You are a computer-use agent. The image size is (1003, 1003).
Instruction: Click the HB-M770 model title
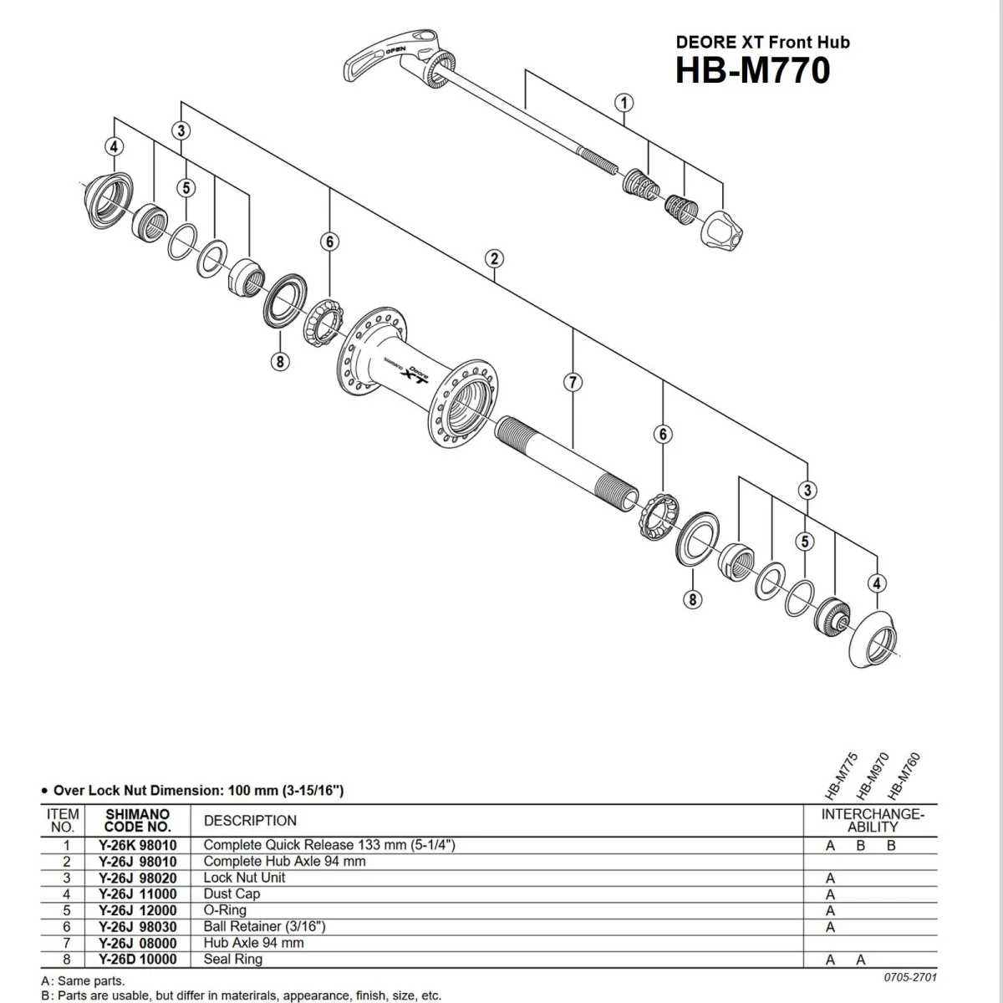coord(752,69)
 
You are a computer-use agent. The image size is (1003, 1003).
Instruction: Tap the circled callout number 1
coord(624,103)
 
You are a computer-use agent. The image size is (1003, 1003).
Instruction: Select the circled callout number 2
coord(494,258)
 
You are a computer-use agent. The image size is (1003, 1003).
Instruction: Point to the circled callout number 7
coord(572,382)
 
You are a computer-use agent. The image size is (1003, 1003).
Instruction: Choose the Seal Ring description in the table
coord(232,959)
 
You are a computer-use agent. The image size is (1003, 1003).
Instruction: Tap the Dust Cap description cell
coord(232,894)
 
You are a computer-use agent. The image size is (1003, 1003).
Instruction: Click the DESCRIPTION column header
coord(250,821)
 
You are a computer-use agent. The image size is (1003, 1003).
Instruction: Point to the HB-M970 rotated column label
coord(869,773)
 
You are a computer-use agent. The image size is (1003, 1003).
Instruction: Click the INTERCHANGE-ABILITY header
coord(873,820)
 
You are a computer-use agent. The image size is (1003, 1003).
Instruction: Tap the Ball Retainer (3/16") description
coord(264,926)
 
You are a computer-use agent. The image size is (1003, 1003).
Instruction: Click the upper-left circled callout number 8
coord(279,361)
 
